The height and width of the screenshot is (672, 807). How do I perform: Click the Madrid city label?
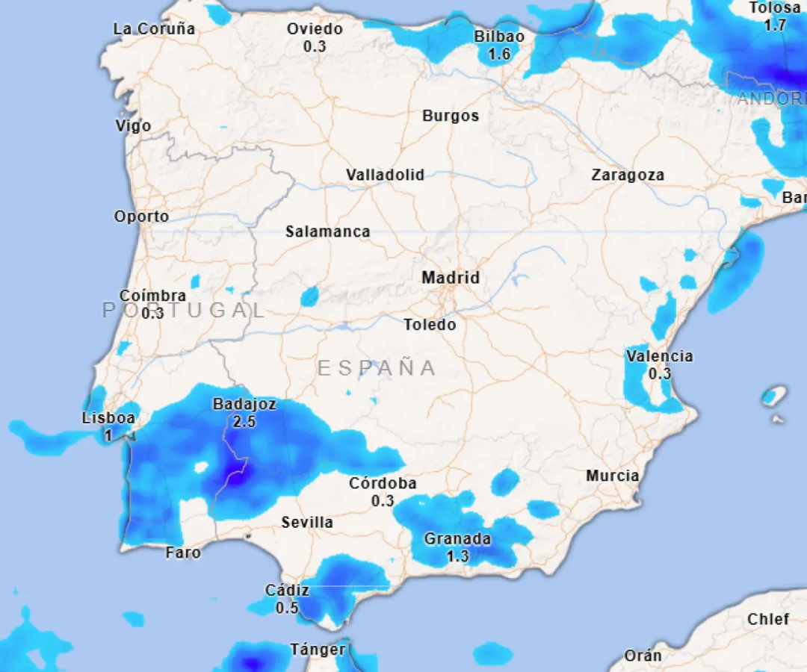(x=451, y=278)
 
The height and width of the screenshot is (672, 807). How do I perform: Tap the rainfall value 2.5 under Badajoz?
(x=244, y=422)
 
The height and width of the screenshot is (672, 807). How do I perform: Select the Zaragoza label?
(x=628, y=175)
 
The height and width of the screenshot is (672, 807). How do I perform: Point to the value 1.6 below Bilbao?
(x=499, y=54)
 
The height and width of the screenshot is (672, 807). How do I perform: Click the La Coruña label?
(x=154, y=29)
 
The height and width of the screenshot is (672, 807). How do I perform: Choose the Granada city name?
(x=457, y=539)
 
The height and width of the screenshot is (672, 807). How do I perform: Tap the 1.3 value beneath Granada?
(x=457, y=556)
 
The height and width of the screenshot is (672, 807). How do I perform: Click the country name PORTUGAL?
(x=184, y=311)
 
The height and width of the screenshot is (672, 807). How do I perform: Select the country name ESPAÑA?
(x=377, y=368)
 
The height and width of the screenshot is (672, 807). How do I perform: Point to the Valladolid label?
(x=385, y=175)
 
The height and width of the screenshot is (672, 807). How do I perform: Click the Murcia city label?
(x=612, y=476)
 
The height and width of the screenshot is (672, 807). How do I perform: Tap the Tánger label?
(x=318, y=650)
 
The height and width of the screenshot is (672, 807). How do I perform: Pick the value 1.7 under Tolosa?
(x=775, y=25)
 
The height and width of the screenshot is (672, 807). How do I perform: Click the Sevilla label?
(x=307, y=523)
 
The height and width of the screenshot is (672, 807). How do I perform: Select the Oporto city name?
(x=141, y=217)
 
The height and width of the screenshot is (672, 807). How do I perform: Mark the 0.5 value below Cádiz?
(x=287, y=608)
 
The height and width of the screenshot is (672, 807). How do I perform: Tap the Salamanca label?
(x=327, y=232)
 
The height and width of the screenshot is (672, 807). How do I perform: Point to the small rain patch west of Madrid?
(x=309, y=297)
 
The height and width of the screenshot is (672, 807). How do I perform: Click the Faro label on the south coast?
(x=183, y=553)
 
